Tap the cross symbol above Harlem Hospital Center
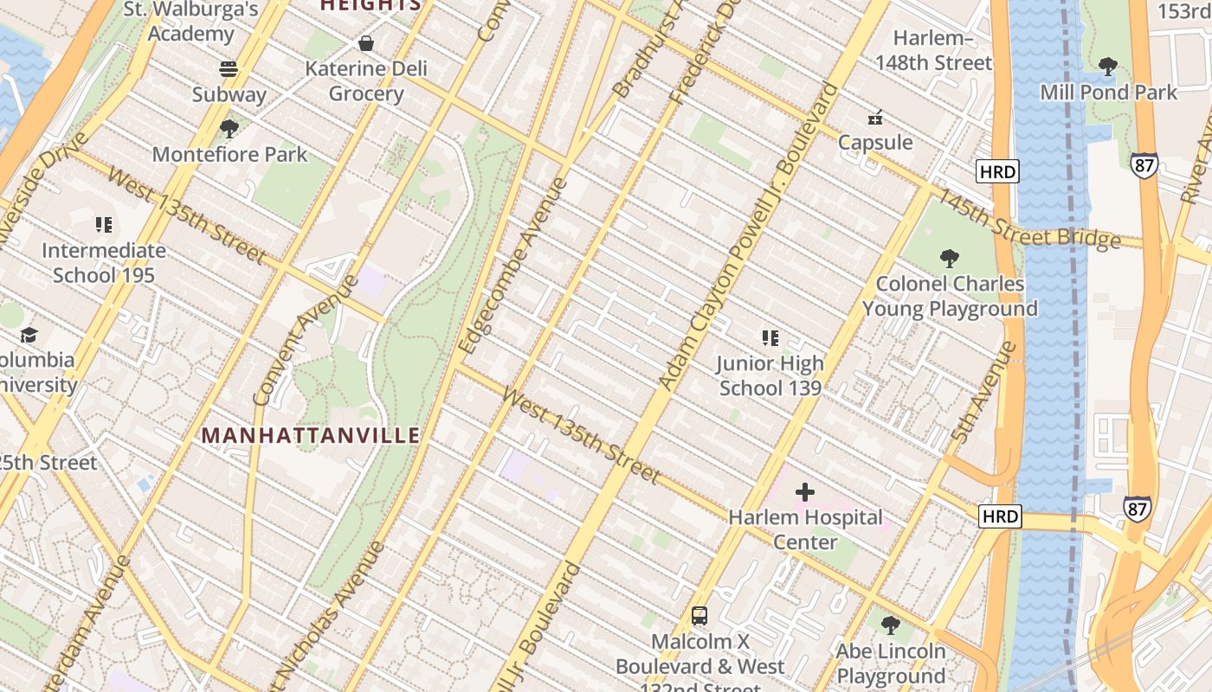pos(805,492)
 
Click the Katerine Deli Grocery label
pos(366,80)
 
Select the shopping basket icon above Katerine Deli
pos(366,43)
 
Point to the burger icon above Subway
pos(229,69)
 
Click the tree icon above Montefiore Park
pos(229,130)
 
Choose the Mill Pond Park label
pos(1108,92)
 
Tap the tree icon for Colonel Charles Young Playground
pos(950,258)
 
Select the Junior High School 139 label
pos(770,375)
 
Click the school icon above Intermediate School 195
pos(104,226)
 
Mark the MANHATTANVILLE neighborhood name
pos(311,435)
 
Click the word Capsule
pos(875,142)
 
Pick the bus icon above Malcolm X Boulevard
pos(699,616)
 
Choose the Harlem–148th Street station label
pos(933,50)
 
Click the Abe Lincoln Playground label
pos(891,663)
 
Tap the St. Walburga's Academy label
pos(191,22)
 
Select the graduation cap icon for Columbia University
pos(29,335)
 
